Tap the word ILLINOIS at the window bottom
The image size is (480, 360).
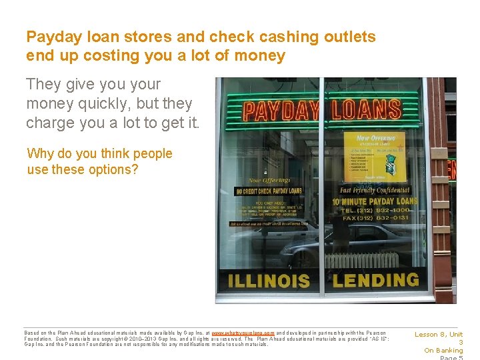(269, 281)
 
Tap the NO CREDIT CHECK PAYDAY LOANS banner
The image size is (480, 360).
(269, 191)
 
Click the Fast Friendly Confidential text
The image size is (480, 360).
(377, 190)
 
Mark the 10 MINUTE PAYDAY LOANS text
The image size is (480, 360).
(378, 201)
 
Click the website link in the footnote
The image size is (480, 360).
(243, 333)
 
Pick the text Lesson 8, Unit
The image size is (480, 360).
(439, 335)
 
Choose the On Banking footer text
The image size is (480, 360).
(443, 351)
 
